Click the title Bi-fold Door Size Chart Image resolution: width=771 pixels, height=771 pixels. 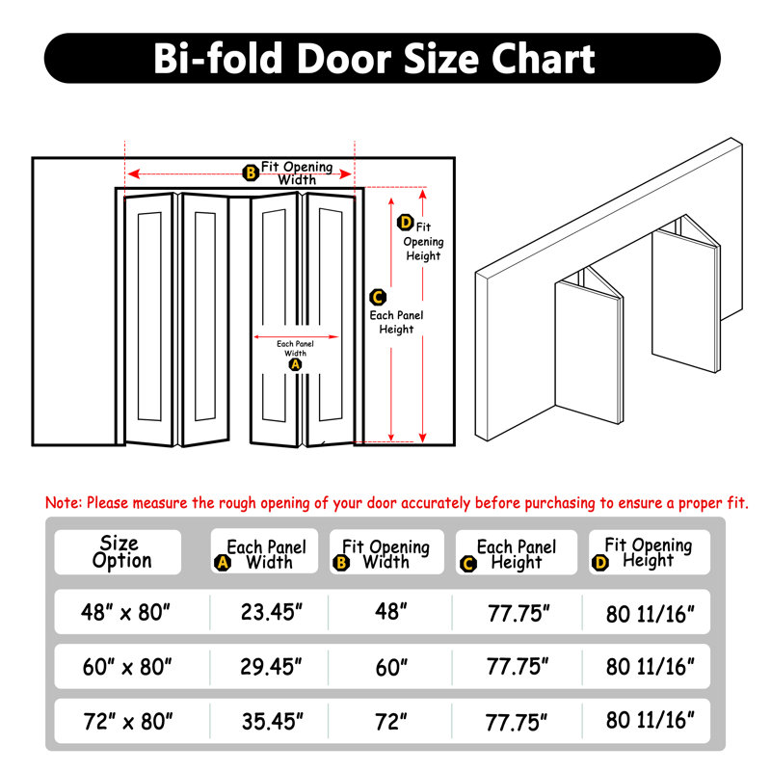[x=374, y=59]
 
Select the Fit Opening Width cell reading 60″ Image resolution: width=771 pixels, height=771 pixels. [x=390, y=665]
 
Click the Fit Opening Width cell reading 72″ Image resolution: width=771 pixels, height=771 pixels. [x=390, y=719]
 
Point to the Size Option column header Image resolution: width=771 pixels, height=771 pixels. [x=119, y=552]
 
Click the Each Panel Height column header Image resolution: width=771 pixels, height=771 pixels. [x=516, y=553]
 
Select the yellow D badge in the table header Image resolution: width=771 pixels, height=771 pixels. [x=601, y=563]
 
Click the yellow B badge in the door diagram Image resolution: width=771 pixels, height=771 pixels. [x=251, y=173]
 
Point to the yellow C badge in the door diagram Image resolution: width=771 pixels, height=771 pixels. [x=379, y=297]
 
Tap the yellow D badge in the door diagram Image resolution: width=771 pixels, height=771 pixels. [x=406, y=224]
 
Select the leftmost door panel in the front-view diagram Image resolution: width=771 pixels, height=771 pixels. [x=149, y=318]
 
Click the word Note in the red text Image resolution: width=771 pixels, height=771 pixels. [x=64, y=503]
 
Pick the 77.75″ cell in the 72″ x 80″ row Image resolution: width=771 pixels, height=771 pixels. [x=518, y=719]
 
